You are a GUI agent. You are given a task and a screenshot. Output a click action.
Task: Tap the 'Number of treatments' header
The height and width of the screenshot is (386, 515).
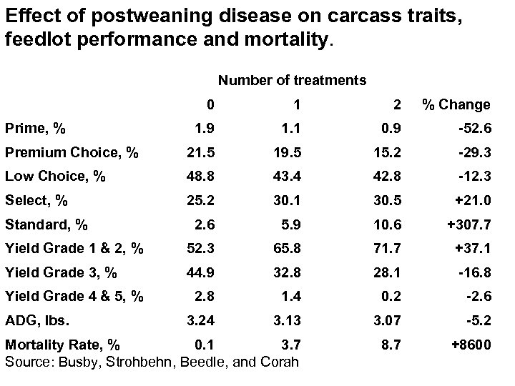point(292,80)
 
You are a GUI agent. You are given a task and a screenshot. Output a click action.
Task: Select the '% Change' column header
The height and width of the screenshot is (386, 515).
point(456,104)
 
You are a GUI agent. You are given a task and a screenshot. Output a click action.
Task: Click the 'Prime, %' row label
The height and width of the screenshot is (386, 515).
point(36,129)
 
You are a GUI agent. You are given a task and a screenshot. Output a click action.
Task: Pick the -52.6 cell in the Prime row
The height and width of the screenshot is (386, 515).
point(475,129)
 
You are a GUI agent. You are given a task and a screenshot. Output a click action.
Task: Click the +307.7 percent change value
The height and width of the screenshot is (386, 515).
point(468,224)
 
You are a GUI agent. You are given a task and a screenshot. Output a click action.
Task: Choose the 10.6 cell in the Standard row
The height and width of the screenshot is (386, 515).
point(386,224)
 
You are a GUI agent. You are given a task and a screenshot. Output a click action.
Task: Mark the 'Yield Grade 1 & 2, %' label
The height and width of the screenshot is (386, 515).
point(74,249)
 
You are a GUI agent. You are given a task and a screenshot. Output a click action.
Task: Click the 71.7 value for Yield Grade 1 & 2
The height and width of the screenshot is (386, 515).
point(386,249)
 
